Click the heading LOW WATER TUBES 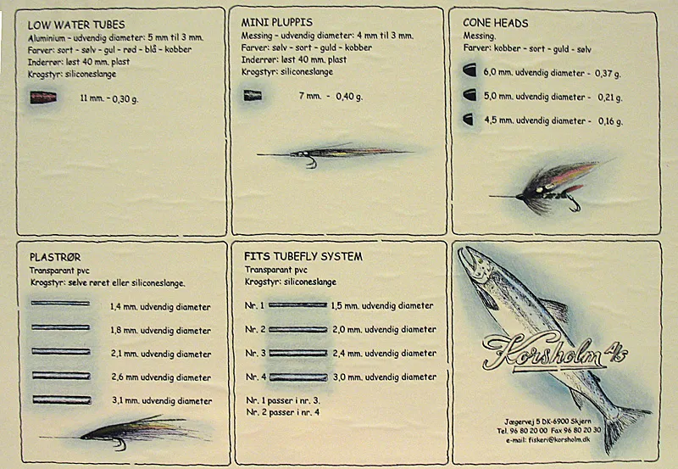click(76, 25)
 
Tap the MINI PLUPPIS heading click(277, 23)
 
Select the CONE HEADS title click(496, 23)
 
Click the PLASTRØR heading click(55, 258)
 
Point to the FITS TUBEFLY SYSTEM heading click(303, 257)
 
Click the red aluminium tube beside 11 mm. click(43, 98)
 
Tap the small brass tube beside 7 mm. click(253, 95)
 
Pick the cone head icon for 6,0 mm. click(470, 70)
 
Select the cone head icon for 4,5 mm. click(469, 120)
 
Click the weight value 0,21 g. click(610, 98)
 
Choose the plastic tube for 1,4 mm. click(60, 304)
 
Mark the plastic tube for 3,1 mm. click(62, 399)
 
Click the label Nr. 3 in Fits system click(255, 353)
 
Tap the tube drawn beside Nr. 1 click(298, 305)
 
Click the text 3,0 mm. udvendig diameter click(385, 377)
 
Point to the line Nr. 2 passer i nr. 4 click(283, 412)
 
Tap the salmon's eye click(478, 262)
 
